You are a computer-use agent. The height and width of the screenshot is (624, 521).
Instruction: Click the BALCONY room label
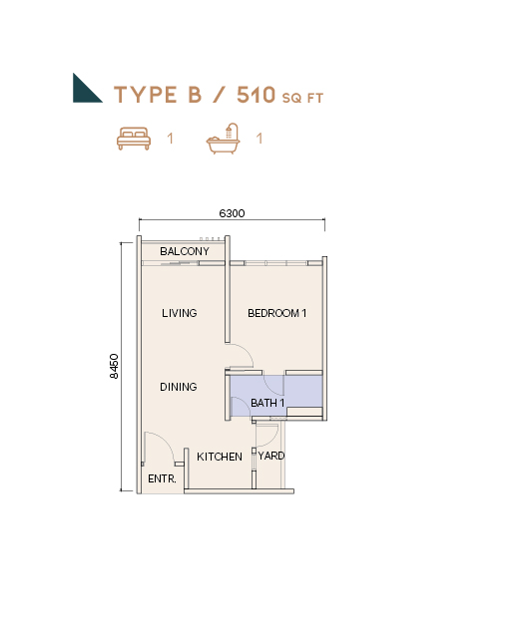coord(185,251)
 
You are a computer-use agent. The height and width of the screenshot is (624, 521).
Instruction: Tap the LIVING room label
coord(180,313)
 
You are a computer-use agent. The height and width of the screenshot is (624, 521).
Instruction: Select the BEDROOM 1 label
coord(277,313)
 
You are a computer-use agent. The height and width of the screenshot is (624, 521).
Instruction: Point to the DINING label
coord(179,387)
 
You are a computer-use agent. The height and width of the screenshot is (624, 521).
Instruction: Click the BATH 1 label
coord(267,403)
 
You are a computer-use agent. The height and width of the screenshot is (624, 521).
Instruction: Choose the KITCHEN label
coord(220,457)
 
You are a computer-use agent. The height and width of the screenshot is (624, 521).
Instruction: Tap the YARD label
coord(271,456)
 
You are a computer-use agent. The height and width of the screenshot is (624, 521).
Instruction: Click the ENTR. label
coord(162,478)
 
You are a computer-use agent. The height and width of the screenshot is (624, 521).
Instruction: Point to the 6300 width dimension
coord(232,213)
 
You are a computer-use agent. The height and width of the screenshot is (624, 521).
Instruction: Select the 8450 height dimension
coord(114,366)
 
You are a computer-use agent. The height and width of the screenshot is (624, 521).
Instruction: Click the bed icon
coord(134,139)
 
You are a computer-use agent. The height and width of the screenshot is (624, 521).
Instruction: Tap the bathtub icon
coord(223,139)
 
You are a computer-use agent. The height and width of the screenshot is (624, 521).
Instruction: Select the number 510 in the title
coord(257,95)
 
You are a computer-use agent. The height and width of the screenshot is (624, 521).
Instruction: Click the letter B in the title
coord(195,95)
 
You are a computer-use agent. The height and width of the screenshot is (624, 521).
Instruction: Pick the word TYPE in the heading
coord(146,95)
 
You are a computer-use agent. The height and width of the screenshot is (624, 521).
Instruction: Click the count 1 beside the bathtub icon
coord(260,139)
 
